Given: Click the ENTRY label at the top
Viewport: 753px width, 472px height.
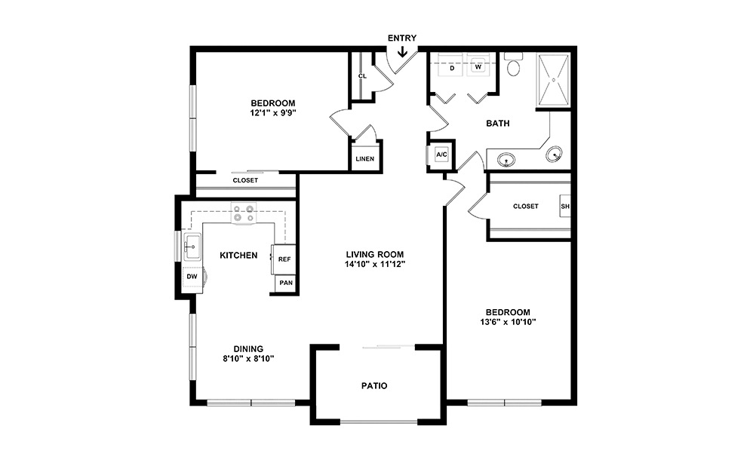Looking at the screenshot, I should (x=401, y=38).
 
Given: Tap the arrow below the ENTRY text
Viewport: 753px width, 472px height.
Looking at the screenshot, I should (x=402, y=52).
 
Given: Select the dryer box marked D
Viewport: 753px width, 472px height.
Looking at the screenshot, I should (x=451, y=68).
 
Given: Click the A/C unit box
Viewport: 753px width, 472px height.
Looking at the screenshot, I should (x=442, y=155).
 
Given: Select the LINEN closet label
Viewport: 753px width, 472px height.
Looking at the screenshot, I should (x=365, y=159).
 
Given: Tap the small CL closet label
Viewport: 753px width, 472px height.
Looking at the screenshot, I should (x=362, y=76).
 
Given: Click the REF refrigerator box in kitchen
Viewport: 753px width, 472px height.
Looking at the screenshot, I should (x=284, y=259).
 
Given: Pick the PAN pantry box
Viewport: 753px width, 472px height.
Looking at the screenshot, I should (x=285, y=283).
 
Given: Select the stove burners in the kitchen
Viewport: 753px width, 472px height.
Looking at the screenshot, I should (x=244, y=213).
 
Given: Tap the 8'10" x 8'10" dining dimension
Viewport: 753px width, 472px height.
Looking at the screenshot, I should (x=247, y=359).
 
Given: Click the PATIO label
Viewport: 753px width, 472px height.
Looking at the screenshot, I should (x=373, y=386).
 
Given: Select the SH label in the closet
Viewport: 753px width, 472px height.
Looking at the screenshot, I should (x=564, y=206).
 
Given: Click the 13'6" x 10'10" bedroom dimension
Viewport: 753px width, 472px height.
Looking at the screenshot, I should (x=507, y=322).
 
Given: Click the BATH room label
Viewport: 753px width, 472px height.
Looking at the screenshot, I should (x=499, y=123).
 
